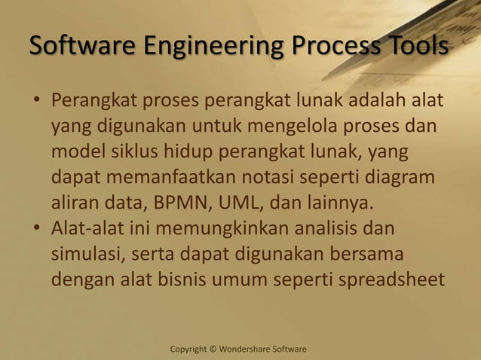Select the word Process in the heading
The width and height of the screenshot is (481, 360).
pos(331,47)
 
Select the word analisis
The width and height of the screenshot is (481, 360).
pos(329,228)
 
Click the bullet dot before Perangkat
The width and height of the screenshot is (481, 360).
pos(35,101)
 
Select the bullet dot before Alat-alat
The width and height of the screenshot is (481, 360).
pos(35,229)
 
